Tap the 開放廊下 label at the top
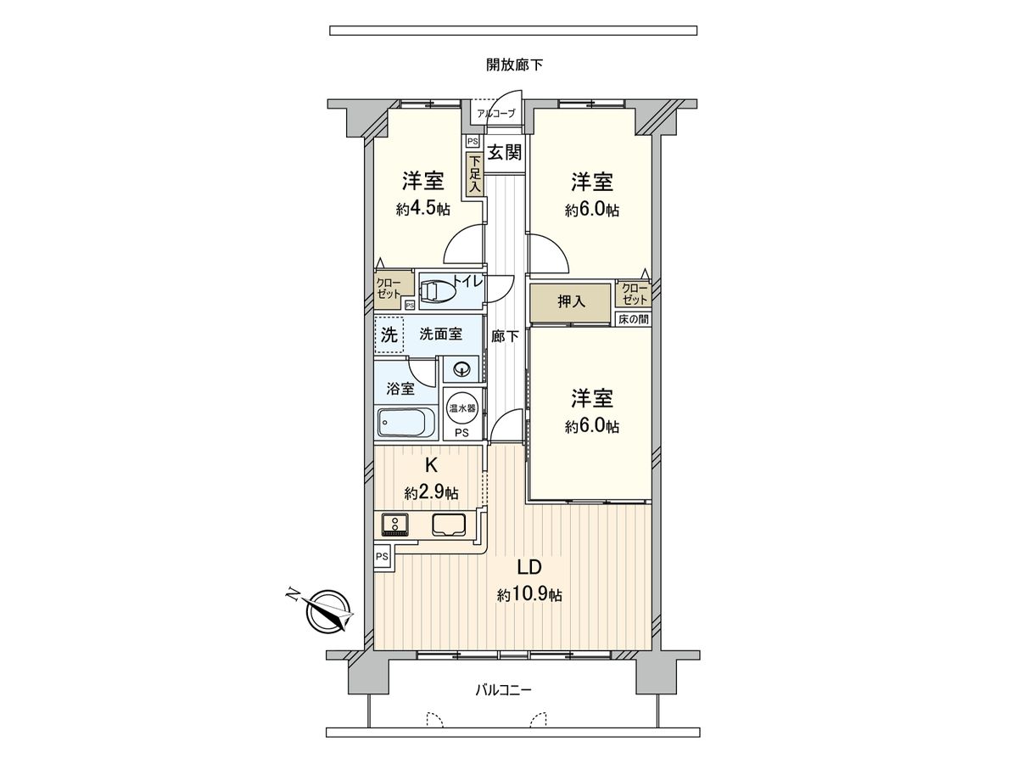514,65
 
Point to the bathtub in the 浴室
406,422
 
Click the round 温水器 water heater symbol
462,407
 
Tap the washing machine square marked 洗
389,334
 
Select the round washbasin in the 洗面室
462,368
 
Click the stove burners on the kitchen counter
395,524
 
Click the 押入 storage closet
569,301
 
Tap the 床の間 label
633,319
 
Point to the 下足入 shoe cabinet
474,173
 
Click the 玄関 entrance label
504,153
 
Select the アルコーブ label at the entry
495,113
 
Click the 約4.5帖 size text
423,210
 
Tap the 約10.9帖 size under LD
529,596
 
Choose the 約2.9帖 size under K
431,492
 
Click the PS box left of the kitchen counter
382,557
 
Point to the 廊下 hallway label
505,336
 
